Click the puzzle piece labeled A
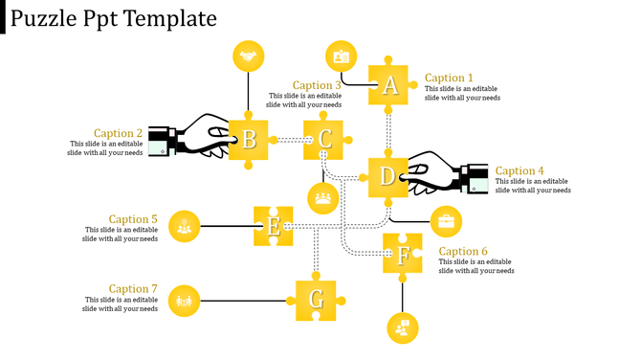coord(389,85)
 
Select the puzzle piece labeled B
coord(249,140)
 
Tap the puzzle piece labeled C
coord(324,140)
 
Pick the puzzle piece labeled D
coord(387,177)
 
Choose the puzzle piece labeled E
coord(274,226)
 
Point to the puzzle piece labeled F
coord(403,254)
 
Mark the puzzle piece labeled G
coord(316,300)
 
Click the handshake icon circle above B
coord(249,56)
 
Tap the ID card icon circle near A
coord(341,56)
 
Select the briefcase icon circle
coord(446,222)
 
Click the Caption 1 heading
coord(449,79)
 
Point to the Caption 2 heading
coord(119,134)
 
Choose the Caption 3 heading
coord(317,85)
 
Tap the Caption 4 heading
coord(519,171)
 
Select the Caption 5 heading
coord(133,219)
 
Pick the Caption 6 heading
coord(463,252)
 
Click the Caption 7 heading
coord(133,289)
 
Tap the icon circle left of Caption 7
coord(184,301)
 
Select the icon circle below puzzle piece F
coord(403,327)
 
